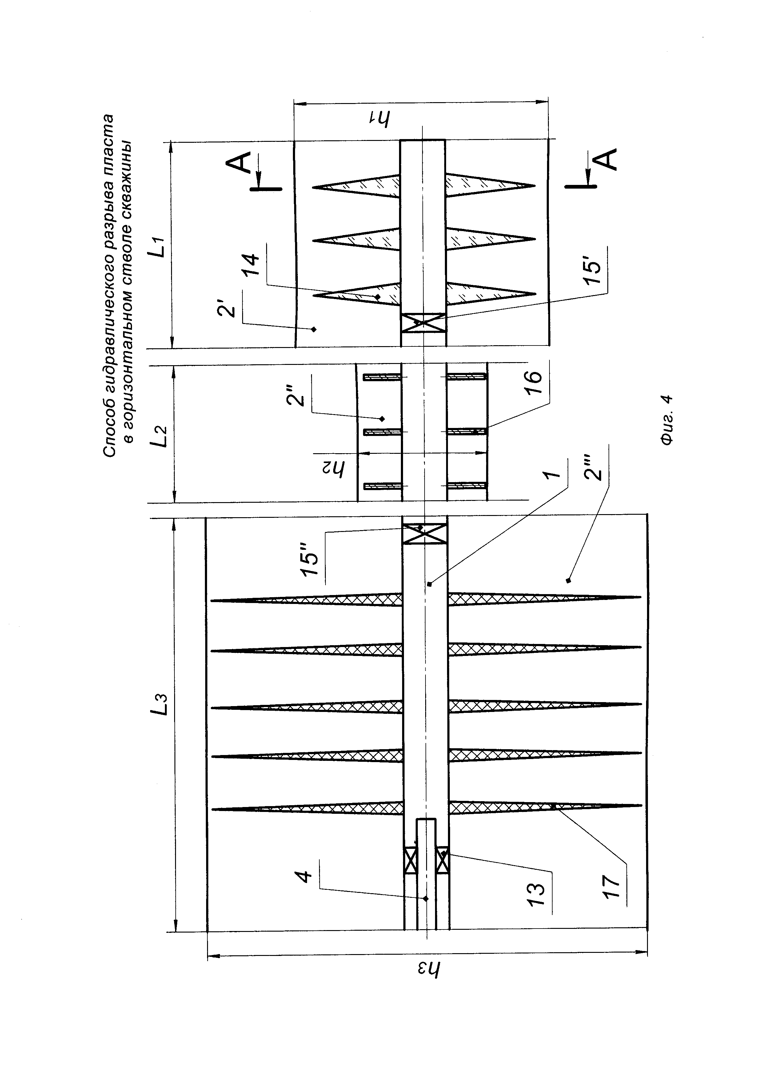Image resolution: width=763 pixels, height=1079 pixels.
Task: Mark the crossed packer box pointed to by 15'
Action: (x=424, y=323)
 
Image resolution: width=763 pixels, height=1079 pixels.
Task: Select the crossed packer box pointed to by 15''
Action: (x=425, y=534)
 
